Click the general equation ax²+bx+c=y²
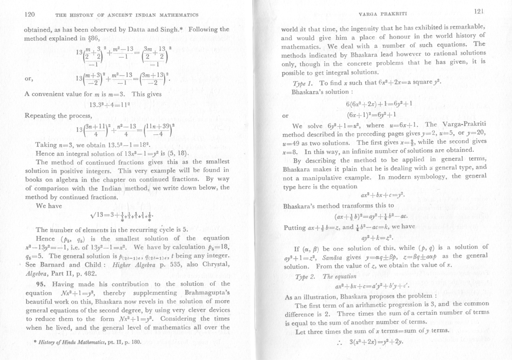click(381, 196)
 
